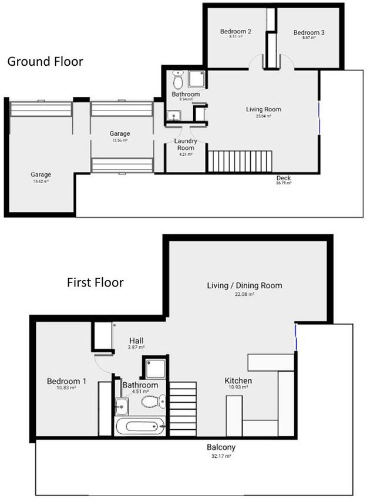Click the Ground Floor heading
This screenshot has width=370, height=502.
(x=45, y=62)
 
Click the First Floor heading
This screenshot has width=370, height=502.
(x=95, y=283)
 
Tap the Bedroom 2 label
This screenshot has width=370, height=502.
(x=236, y=32)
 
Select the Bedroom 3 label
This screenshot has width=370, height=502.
(x=310, y=33)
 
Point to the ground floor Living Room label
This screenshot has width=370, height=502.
(x=263, y=109)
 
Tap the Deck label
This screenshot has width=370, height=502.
(x=284, y=178)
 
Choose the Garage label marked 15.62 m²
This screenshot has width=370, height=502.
(x=41, y=174)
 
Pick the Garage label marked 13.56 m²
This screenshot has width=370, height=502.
(x=120, y=134)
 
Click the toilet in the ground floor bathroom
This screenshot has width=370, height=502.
(x=178, y=80)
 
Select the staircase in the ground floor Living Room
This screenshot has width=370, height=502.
(x=240, y=161)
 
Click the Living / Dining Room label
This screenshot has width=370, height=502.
(x=244, y=286)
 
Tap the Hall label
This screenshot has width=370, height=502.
(x=137, y=341)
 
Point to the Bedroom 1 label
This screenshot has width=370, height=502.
(x=66, y=382)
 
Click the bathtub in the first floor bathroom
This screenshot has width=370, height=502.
(x=140, y=426)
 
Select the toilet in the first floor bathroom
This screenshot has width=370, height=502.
(x=154, y=402)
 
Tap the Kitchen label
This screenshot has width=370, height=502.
(x=239, y=381)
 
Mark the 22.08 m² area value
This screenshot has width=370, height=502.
(x=244, y=294)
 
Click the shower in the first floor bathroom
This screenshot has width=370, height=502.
(x=155, y=368)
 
